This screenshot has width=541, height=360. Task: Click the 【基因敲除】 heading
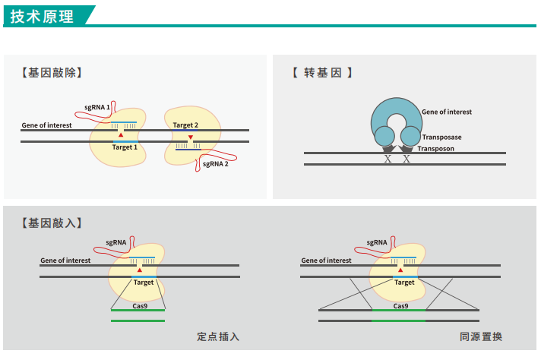click(x=52, y=73)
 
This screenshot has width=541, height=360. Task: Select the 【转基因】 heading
click(x=322, y=73)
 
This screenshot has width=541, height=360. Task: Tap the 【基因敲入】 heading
click(x=52, y=223)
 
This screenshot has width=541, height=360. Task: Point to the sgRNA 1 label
click(x=97, y=109)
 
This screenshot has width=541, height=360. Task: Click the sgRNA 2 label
click(x=215, y=163)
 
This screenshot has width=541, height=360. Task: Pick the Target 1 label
click(x=125, y=147)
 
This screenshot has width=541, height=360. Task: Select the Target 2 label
click(x=185, y=125)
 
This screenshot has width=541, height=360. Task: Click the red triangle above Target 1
click(x=121, y=134)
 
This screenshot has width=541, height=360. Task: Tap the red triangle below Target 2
click(x=191, y=137)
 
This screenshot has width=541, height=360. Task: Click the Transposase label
click(x=441, y=137)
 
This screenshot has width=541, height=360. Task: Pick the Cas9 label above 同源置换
click(x=400, y=305)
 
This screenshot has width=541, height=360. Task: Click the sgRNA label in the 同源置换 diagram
click(x=377, y=243)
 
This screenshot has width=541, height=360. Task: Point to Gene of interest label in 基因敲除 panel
click(x=47, y=125)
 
